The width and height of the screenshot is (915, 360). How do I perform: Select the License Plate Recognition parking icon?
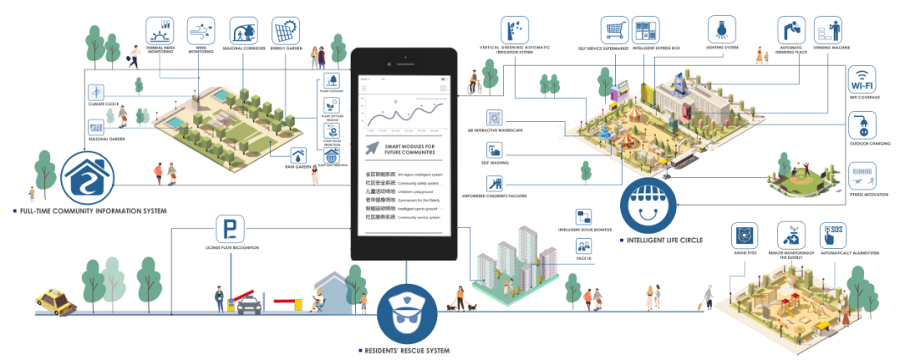[226, 229]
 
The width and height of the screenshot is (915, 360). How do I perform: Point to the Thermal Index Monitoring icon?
[158, 30]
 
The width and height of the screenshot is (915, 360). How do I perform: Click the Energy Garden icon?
[284, 30]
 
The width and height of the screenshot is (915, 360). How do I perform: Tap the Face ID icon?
[584, 246]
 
